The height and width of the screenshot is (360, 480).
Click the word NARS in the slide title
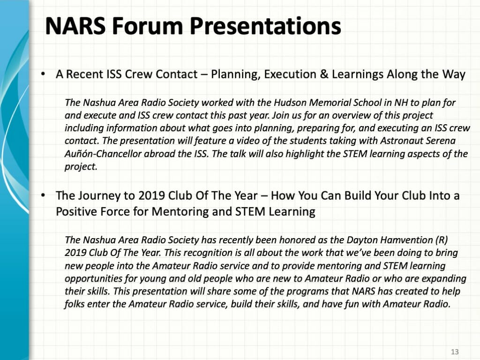(75, 26)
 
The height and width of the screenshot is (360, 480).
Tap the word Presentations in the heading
(265, 27)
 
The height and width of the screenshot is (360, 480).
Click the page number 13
(455, 352)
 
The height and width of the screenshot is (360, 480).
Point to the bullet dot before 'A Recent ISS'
(44, 74)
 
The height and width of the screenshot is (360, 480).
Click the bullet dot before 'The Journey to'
(44, 195)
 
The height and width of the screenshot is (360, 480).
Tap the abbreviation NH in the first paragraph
(401, 102)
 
